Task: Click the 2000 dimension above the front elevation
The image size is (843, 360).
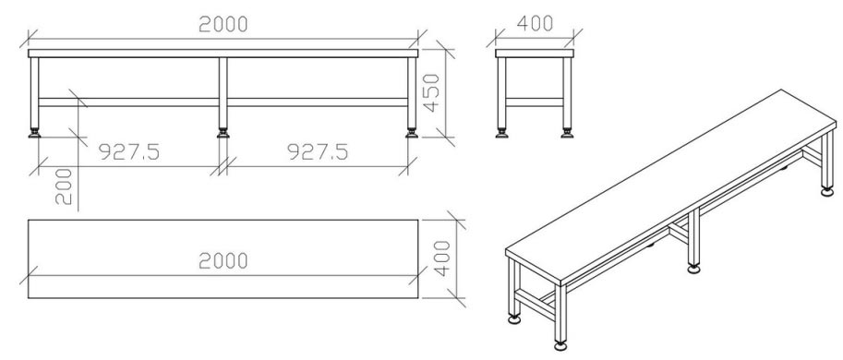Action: point(223,25)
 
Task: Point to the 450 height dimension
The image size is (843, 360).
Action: point(432,92)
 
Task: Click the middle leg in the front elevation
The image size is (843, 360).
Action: point(223,92)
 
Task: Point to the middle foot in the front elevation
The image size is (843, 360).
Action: point(223,135)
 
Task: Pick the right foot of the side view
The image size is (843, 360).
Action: point(566,135)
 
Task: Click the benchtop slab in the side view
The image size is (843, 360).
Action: point(535,54)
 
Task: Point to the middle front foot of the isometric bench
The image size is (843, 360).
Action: point(693,270)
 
